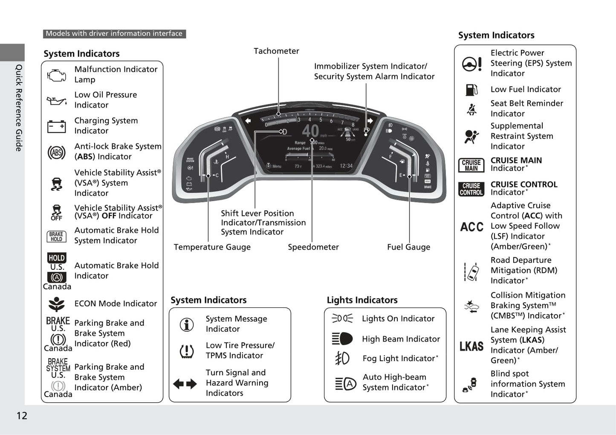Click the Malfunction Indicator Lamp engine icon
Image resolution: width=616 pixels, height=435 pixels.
(56, 76)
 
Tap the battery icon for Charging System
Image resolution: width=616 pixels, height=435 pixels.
(56, 126)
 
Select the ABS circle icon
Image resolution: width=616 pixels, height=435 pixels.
(56, 152)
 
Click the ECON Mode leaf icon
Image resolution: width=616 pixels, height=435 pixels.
(56, 304)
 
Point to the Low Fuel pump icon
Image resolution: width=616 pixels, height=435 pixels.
(471, 90)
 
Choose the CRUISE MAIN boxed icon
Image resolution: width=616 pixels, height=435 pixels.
(471, 165)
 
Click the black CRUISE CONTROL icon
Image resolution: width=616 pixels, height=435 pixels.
(471, 189)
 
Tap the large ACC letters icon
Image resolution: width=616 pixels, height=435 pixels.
(471, 227)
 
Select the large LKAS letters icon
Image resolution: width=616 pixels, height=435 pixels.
(471, 346)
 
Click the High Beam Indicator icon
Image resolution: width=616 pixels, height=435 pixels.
(342, 339)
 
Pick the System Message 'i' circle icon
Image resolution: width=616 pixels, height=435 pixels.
(187, 324)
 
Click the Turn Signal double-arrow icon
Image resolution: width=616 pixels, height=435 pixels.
(185, 384)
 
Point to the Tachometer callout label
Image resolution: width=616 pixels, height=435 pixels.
(276, 51)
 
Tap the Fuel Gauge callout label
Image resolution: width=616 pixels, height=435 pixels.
(408, 247)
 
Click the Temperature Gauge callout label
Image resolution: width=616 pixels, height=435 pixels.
(212, 247)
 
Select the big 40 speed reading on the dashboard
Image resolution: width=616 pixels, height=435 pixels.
(310, 131)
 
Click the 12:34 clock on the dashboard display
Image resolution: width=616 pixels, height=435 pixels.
(346, 166)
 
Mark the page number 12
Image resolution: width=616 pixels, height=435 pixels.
(22, 416)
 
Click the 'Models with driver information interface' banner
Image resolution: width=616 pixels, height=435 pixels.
(114, 34)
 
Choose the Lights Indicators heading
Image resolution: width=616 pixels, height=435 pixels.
(362, 300)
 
